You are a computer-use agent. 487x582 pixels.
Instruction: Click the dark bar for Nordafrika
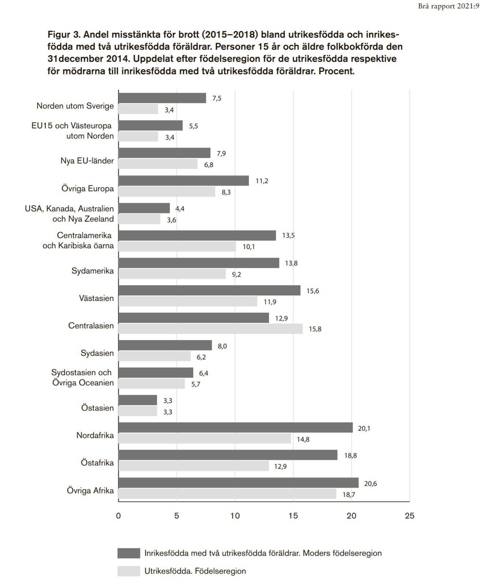[x=235, y=427]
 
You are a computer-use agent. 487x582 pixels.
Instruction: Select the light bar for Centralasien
[x=210, y=329]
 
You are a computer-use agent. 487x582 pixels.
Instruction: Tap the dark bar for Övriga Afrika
[x=238, y=483]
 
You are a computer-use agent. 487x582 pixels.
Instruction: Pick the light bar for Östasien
[x=138, y=411]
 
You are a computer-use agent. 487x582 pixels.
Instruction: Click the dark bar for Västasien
[x=209, y=290]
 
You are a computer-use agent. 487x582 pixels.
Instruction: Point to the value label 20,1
[x=364, y=428]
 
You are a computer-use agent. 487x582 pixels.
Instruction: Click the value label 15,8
[x=315, y=329]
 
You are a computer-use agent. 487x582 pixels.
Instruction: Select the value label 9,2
[x=236, y=274]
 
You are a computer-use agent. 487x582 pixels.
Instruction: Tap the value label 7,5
[x=217, y=98]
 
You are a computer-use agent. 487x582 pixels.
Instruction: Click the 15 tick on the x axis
[x=293, y=515]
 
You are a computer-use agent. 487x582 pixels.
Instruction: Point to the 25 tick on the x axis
[x=409, y=515]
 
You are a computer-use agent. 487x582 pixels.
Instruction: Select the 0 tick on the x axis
[x=118, y=515]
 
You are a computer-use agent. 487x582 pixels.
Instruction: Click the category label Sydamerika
[x=93, y=271]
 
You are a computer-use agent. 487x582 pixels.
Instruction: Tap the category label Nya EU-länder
[x=87, y=161]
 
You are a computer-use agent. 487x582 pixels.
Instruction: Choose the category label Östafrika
[x=97, y=463]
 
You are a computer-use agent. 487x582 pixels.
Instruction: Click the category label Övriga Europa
[x=87, y=189]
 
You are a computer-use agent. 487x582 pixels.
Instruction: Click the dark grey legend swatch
[x=128, y=553]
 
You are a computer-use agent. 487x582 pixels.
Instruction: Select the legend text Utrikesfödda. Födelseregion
[x=195, y=571]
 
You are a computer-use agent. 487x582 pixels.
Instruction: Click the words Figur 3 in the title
[x=64, y=35]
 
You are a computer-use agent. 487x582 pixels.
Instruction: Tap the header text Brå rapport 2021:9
[x=448, y=6]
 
